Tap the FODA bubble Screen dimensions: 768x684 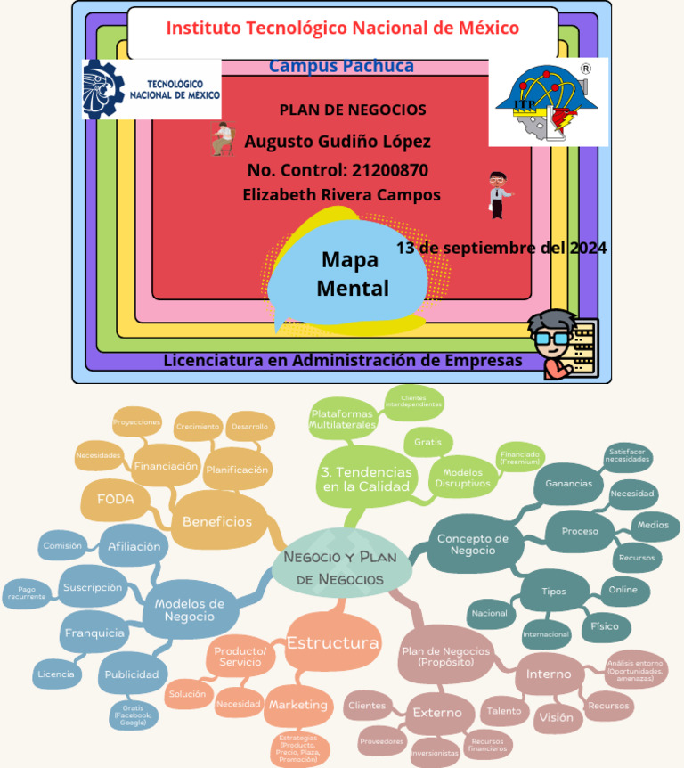click(x=116, y=500)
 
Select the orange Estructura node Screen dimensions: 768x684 click(x=332, y=642)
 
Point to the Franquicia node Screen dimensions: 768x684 click(x=94, y=633)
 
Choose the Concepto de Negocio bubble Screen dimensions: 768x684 click(x=472, y=544)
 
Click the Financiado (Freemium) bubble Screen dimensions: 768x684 click(x=521, y=458)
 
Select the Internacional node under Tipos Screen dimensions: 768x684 click(x=546, y=634)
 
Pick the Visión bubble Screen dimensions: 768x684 click(x=557, y=716)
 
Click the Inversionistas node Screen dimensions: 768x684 click(x=436, y=752)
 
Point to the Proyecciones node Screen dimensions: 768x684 click(x=137, y=421)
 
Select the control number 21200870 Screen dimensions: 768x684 click(x=338, y=170)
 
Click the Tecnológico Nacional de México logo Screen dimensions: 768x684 click(x=151, y=89)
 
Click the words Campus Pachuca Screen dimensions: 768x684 click(x=341, y=67)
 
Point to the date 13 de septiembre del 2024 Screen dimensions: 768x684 click(x=501, y=248)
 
